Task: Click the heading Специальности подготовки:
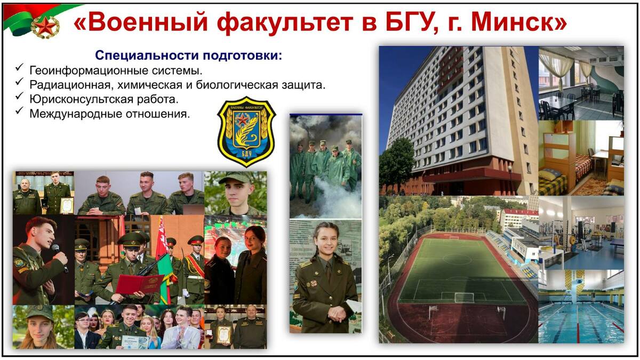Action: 189,55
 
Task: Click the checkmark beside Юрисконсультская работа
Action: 19,97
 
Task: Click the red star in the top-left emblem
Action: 45,27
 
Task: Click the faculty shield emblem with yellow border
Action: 246,132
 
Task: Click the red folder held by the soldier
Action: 139,284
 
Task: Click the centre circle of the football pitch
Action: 458,259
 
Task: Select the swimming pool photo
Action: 581,306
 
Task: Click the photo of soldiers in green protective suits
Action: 325,166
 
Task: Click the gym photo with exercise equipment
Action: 581,233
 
